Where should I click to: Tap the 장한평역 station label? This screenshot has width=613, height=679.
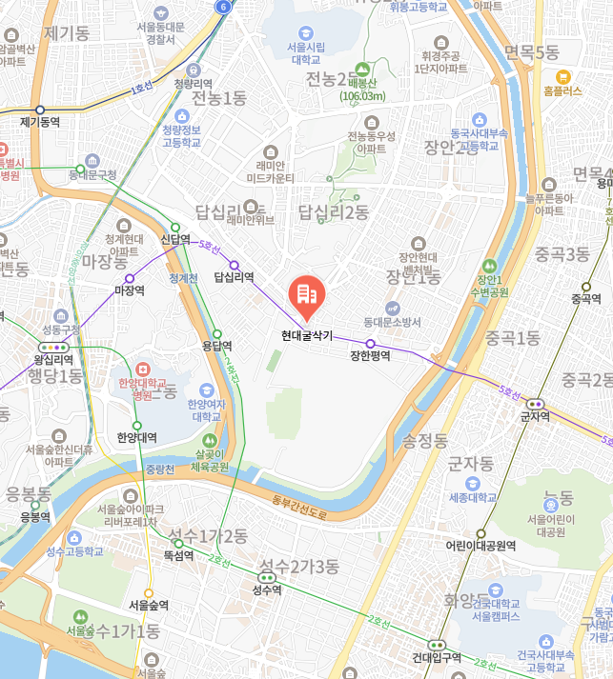coord(370,356)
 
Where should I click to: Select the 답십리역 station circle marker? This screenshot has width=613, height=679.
coord(234,265)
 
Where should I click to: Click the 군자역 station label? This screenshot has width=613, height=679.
coord(535,416)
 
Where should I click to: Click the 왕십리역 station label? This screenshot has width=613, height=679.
coord(53,359)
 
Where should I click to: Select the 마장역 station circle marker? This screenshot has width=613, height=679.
coord(130,278)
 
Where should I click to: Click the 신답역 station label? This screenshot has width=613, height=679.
coord(175,239)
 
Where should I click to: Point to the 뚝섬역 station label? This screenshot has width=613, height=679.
coord(178,555)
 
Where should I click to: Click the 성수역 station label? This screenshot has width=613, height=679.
coord(267,589)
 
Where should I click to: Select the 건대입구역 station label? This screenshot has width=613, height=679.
coord(438,658)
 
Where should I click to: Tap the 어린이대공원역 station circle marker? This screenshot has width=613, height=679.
coord(480,533)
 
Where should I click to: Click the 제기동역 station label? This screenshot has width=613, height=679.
coord(40,122)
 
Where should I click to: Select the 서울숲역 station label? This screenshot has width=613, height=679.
coord(149,605)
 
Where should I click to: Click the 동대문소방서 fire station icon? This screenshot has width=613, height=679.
coord(392,307)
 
